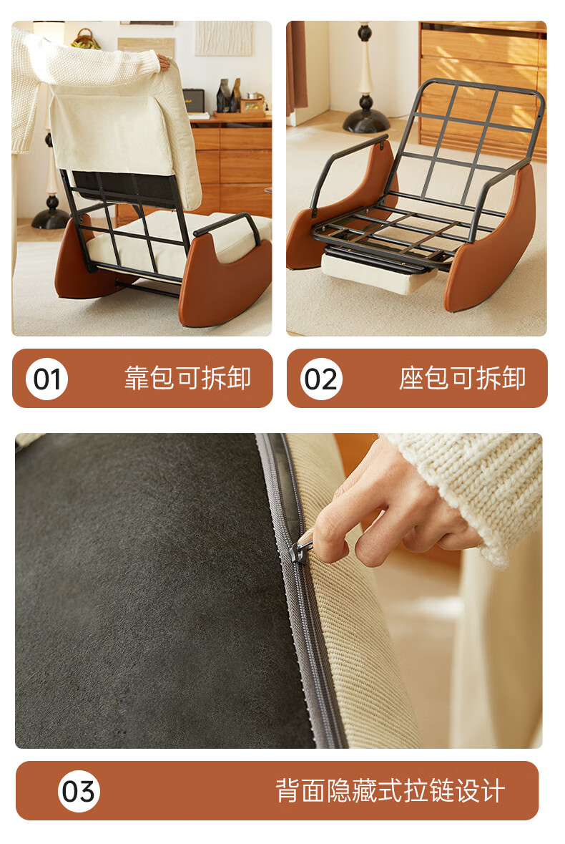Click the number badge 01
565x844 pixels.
(x=46, y=379)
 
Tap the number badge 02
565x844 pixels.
(x=321, y=379)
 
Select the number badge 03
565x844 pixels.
(x=79, y=791)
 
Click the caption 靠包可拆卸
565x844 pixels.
(x=187, y=378)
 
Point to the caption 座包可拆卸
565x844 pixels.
(x=462, y=378)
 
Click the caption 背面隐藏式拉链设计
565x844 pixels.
(x=390, y=791)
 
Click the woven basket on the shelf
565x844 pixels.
(x=86, y=39)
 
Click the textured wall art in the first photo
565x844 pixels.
(x=224, y=38)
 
